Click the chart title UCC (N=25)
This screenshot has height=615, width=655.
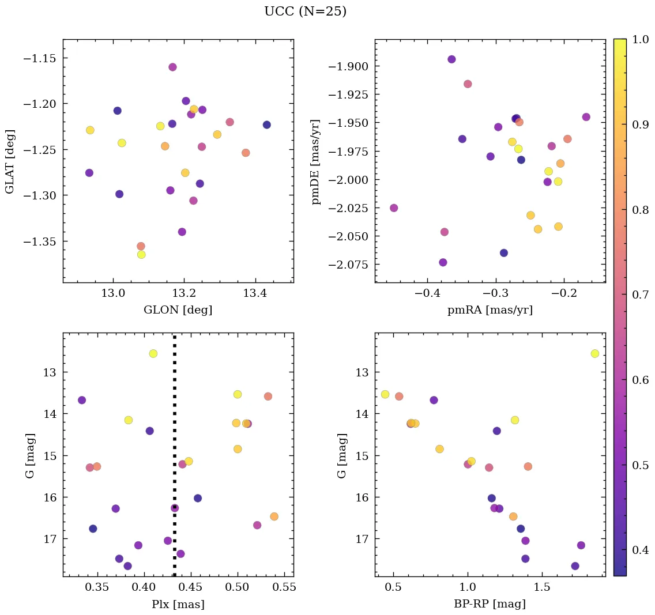[305, 12]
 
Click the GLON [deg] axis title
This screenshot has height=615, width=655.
[178, 310]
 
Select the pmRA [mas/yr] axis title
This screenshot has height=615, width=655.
[490, 310]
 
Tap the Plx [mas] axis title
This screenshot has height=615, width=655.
[178, 605]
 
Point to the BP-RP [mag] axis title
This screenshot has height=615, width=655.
[490, 605]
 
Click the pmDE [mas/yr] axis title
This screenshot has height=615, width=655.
[316, 161]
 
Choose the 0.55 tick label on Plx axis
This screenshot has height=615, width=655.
[284, 588]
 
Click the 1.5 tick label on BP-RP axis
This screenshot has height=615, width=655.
[542, 588]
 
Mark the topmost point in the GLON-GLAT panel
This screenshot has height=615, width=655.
[172, 67]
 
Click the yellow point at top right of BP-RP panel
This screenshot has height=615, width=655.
[594, 353]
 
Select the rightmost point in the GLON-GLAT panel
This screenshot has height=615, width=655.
[266, 125]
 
